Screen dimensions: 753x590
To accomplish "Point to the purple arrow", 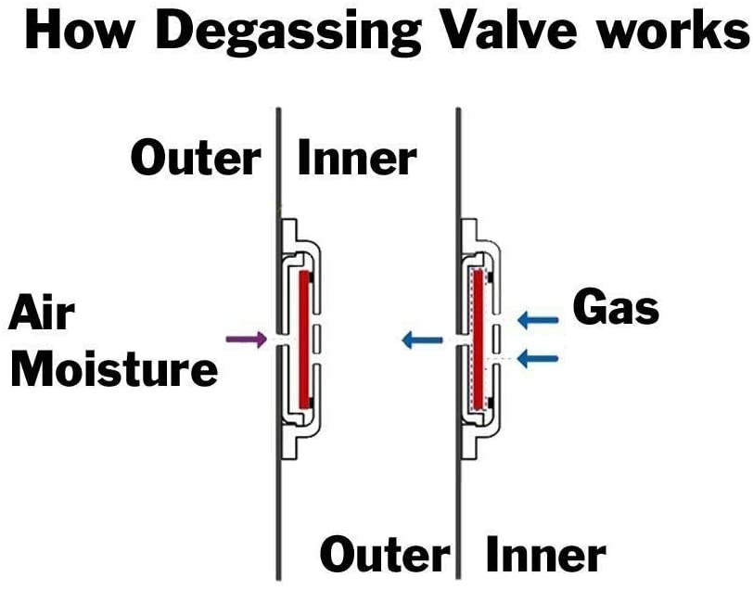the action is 247,340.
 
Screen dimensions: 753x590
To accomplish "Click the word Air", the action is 43,314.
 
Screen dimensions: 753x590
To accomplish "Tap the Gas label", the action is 616,309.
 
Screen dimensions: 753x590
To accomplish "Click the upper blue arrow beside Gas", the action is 538,319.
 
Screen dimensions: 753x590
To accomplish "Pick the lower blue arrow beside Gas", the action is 538,358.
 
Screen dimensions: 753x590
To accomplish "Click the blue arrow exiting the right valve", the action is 422,340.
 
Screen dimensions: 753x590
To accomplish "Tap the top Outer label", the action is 196,159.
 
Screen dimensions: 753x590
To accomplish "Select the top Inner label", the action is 357,158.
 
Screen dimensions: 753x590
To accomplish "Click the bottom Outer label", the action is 385,555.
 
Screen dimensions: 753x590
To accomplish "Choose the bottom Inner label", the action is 546,555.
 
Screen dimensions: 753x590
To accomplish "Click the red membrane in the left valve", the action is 304,340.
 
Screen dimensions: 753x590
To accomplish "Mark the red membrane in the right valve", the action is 479,340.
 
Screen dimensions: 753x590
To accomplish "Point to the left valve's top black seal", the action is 312,277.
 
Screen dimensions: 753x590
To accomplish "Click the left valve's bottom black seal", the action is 312,402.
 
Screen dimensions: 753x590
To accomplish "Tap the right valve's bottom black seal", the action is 490,403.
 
